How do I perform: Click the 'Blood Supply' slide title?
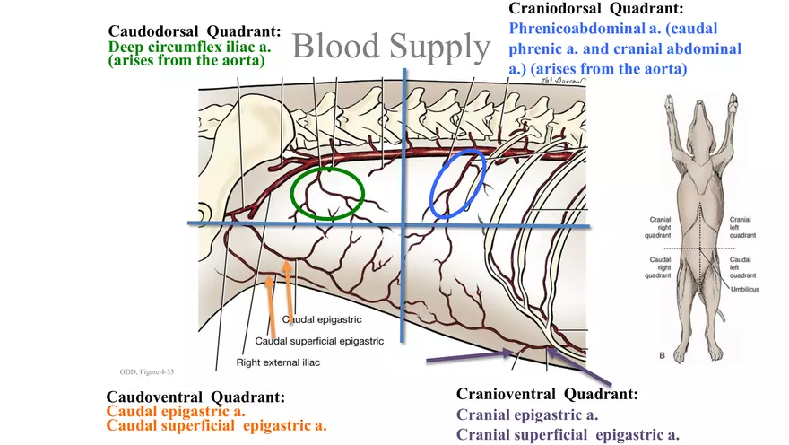[x=391, y=48]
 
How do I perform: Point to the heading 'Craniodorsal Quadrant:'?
[x=595, y=9]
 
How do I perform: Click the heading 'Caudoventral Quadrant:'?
[x=195, y=397]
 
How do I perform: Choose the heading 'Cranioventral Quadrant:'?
[x=547, y=395]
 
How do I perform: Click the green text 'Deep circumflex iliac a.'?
[x=189, y=47]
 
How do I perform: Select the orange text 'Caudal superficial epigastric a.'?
[x=216, y=425]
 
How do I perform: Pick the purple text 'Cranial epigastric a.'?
[x=527, y=414]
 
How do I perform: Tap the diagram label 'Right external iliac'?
[x=279, y=362]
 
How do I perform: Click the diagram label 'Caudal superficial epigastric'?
[x=319, y=341]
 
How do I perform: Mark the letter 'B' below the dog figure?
[x=663, y=356]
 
